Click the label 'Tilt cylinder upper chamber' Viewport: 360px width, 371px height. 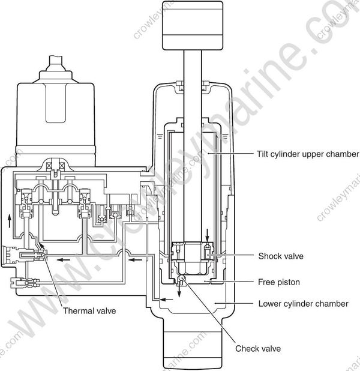tap(307, 154)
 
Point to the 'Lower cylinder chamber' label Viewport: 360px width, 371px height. tap(302, 304)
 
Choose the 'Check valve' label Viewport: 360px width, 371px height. tap(257, 348)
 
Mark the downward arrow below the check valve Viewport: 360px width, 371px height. tap(179, 290)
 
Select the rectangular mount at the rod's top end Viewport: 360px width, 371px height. tap(192, 26)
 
